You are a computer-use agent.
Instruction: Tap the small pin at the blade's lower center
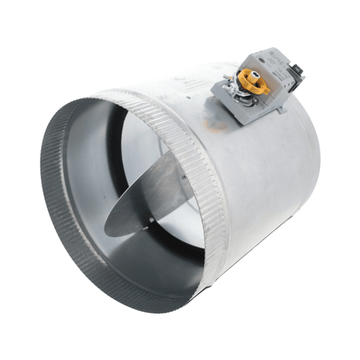pos(152,220)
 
